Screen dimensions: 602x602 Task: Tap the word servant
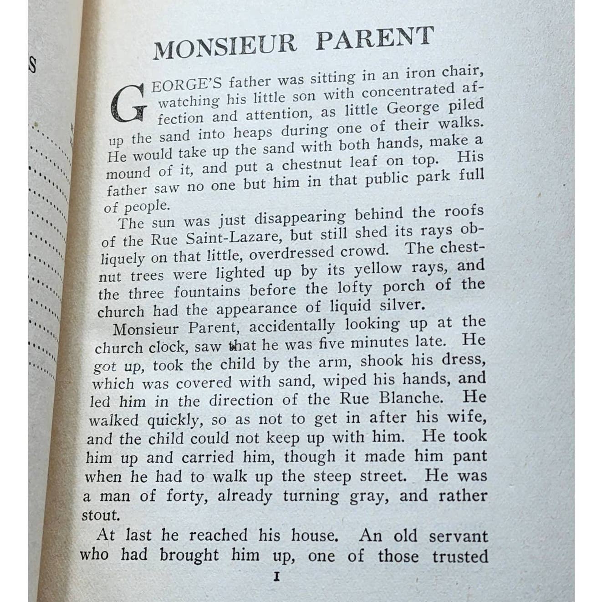458,536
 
